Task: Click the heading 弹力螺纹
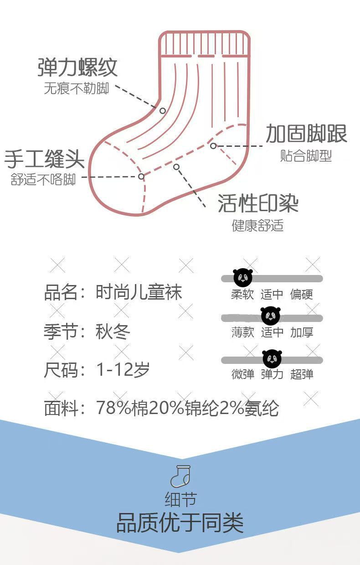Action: (x=77, y=67)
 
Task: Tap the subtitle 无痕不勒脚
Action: (x=76, y=88)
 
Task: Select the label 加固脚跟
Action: (x=306, y=133)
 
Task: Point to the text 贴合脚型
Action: (x=306, y=156)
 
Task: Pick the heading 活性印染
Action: (x=258, y=203)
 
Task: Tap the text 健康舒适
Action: (x=258, y=225)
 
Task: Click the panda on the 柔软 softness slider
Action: (x=242, y=278)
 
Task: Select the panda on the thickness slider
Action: (x=271, y=316)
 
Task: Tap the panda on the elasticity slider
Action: (x=272, y=358)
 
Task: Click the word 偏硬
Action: (x=302, y=295)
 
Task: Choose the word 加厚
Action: (x=302, y=332)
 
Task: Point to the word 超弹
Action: (x=302, y=374)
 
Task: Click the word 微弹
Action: (x=242, y=374)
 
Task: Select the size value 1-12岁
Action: (x=123, y=370)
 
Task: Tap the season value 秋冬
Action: (x=113, y=331)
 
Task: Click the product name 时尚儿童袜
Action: (x=139, y=292)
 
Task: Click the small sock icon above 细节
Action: (x=180, y=477)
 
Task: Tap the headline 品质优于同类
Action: (x=180, y=523)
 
